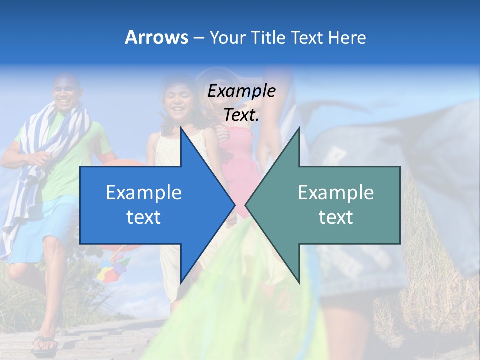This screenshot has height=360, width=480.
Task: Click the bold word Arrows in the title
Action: [156, 37]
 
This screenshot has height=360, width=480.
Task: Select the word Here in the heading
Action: [347, 37]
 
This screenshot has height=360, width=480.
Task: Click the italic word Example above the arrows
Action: [241, 91]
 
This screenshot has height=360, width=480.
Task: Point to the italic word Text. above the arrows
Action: [241, 115]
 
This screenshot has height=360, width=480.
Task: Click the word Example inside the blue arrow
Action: [144, 192]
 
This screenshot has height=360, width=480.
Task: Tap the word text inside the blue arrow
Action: [144, 217]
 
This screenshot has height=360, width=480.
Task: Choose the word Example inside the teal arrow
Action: [336, 192]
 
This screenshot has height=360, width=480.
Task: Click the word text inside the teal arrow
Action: [336, 217]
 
